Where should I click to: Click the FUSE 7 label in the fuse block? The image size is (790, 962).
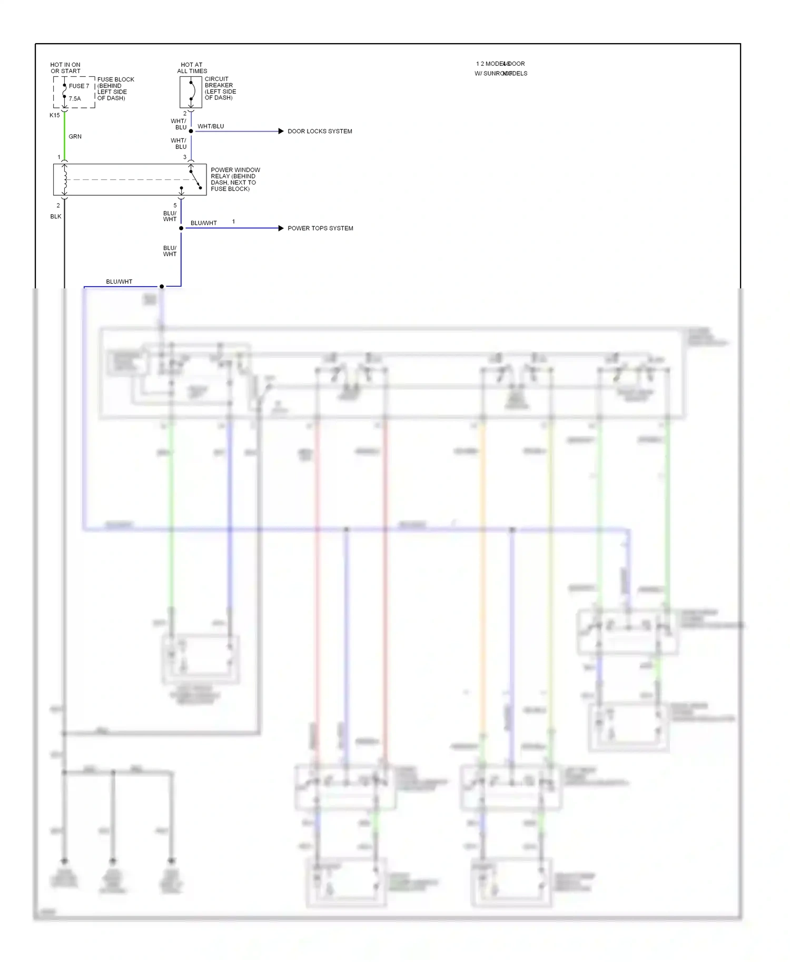[x=79, y=86]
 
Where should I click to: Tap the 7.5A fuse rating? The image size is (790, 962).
[x=75, y=98]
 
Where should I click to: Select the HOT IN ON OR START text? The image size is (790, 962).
[x=65, y=68]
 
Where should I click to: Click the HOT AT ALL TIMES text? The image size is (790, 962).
[x=192, y=68]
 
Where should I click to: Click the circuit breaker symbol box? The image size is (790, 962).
[x=191, y=92]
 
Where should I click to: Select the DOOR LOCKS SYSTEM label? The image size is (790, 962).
[x=320, y=131]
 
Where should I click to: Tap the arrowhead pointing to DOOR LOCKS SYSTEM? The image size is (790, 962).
[x=281, y=131]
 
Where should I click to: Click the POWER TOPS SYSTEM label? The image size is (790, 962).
[x=320, y=228]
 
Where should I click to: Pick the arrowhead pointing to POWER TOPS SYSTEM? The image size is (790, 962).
[x=281, y=228]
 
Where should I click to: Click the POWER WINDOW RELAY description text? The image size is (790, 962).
[x=235, y=179]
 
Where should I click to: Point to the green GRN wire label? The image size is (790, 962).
[x=75, y=136]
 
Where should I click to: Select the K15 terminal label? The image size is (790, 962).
[x=55, y=115]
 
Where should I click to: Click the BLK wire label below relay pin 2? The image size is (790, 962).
[x=56, y=216]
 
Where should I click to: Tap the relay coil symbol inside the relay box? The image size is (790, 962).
[x=65, y=180]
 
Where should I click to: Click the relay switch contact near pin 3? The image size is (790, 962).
[x=195, y=178]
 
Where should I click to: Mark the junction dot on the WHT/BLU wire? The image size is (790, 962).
[x=191, y=131]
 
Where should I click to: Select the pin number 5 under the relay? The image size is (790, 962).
[x=175, y=205]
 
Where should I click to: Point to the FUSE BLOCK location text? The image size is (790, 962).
[x=115, y=89]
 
